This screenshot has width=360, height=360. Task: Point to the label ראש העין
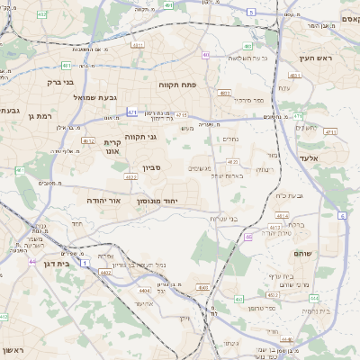[321, 57]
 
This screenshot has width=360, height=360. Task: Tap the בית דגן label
[56, 264]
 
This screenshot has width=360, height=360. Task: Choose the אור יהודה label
[104, 200]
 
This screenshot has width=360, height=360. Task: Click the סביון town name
[151, 168]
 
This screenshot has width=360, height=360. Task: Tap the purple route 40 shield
[206, 55]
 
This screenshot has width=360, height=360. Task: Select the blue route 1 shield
[84, 263]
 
